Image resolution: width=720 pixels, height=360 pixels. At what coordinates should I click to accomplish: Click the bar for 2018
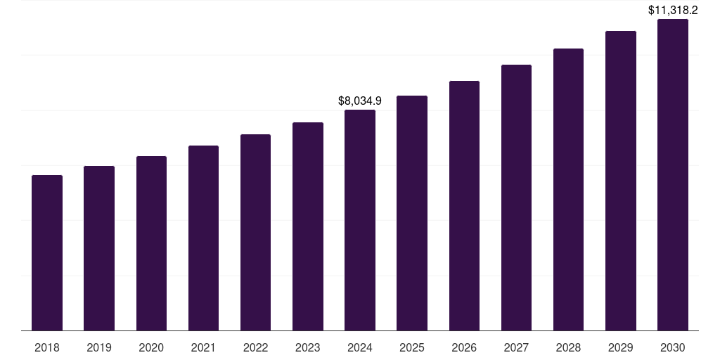(x=47, y=253)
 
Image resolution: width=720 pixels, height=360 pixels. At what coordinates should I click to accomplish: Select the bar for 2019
(x=99, y=248)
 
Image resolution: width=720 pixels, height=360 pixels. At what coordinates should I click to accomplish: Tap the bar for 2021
(x=203, y=238)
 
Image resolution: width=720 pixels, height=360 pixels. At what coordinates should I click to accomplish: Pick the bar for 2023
(x=308, y=226)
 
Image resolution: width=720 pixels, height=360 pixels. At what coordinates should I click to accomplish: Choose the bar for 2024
(x=360, y=220)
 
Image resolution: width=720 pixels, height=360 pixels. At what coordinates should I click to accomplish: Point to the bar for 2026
(x=464, y=206)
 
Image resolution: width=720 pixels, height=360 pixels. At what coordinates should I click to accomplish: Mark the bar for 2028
(x=568, y=190)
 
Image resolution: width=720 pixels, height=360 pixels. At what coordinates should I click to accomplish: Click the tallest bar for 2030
(x=673, y=175)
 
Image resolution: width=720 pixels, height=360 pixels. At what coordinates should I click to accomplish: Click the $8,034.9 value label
(x=360, y=101)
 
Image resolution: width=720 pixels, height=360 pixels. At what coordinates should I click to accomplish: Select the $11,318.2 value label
(x=673, y=11)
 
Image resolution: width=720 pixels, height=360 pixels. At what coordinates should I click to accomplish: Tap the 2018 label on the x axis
(x=47, y=347)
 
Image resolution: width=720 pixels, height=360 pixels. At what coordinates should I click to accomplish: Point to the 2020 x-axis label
(x=151, y=347)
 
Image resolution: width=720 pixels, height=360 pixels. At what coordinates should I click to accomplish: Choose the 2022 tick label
(x=255, y=347)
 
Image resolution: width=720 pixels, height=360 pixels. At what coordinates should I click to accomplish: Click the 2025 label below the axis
(x=412, y=347)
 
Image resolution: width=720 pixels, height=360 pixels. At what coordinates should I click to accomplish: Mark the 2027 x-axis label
(x=516, y=347)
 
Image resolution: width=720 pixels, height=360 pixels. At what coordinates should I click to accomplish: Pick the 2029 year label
(x=621, y=347)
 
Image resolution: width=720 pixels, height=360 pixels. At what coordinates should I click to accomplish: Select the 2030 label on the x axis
(x=673, y=347)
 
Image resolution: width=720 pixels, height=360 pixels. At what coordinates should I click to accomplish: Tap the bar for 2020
(x=151, y=243)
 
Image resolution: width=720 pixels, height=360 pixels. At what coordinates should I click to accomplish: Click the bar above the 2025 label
(x=412, y=213)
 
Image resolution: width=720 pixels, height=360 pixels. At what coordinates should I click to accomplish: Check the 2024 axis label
(x=360, y=347)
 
